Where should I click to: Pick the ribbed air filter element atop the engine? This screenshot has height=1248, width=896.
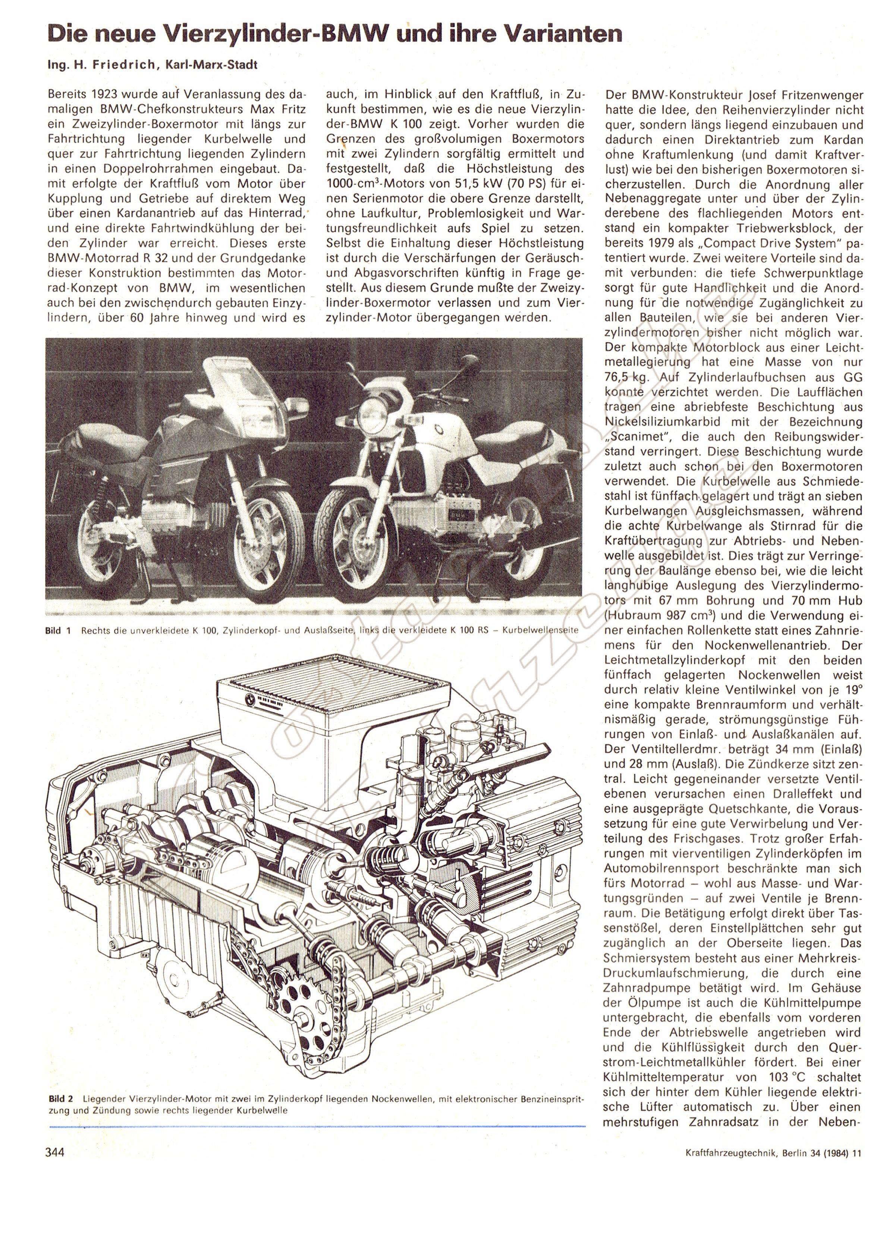click(330, 682)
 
